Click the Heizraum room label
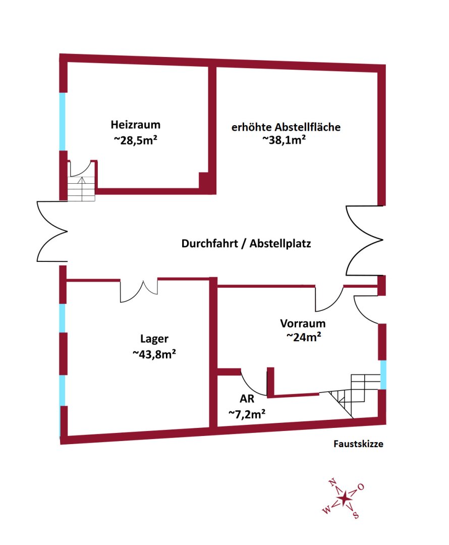click(135, 124)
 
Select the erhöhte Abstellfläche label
click(286, 127)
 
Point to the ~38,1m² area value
click(285, 141)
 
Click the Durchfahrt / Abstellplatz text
click(246, 244)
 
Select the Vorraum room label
click(303, 323)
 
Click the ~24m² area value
click(304, 337)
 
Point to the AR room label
click(247, 399)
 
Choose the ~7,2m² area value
click(247, 414)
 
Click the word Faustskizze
click(358, 444)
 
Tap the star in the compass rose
click(345, 499)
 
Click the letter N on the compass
click(332, 483)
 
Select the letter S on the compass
click(356, 515)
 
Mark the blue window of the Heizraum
click(63, 121)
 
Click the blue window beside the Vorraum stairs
click(383, 374)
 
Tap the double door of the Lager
click(139, 292)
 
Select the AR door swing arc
click(252, 384)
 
